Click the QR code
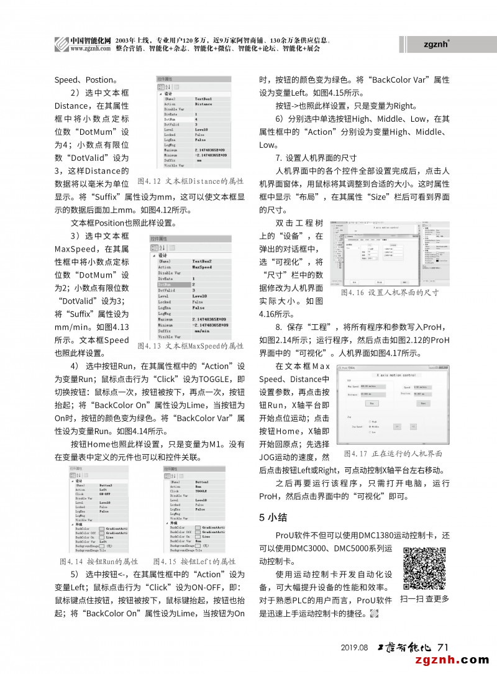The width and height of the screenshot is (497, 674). click(x=424, y=568)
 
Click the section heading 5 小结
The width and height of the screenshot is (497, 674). click(x=271, y=516)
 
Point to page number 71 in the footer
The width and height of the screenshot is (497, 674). click(x=443, y=647)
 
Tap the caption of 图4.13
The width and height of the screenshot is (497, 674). click(x=190, y=345)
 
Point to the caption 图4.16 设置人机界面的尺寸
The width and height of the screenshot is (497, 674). click(x=390, y=292)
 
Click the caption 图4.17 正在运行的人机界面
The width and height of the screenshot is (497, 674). click(x=393, y=454)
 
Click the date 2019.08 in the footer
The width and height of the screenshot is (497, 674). click(x=355, y=647)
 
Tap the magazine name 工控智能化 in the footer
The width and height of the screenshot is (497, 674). click(x=404, y=647)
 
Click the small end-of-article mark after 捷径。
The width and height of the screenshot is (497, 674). click(x=374, y=614)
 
